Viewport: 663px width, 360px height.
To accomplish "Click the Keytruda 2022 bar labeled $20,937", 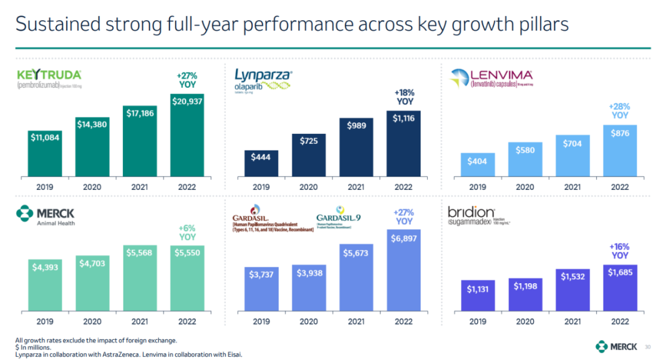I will click(187, 134).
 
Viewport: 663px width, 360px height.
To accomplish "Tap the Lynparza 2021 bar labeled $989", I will click(357, 146).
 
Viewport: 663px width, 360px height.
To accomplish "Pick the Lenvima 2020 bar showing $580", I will click(525, 157).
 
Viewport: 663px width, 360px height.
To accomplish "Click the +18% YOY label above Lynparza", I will click(405, 97).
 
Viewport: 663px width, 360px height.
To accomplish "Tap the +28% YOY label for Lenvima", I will click(620, 111).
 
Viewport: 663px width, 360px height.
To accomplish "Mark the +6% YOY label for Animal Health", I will click(187, 232).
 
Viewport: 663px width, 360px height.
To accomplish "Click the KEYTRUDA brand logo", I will click(48, 76).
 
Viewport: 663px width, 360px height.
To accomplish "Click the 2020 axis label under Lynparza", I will click(308, 187).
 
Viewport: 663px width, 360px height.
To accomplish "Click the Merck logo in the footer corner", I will click(616, 346).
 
